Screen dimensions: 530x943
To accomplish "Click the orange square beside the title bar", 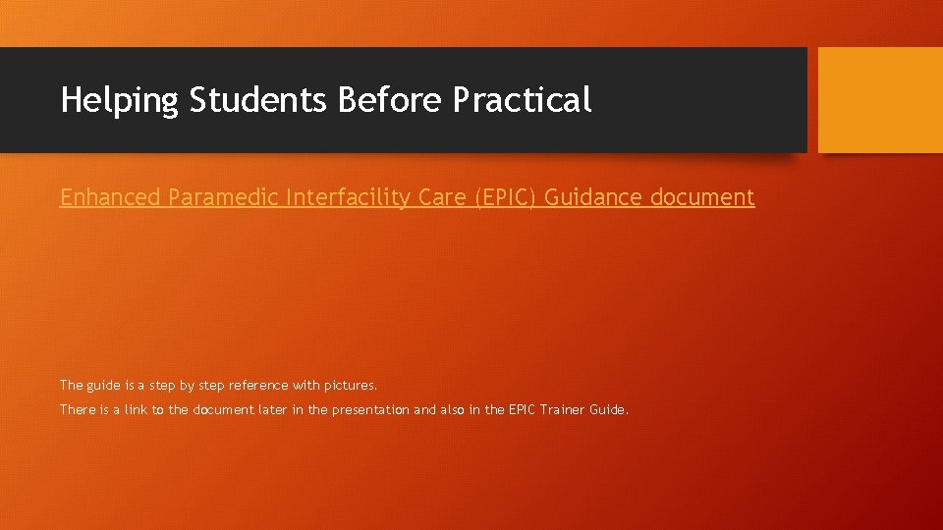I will click(x=880, y=100).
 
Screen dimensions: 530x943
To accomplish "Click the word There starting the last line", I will click(x=78, y=409).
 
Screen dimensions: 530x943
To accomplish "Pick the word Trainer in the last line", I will click(x=563, y=409).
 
